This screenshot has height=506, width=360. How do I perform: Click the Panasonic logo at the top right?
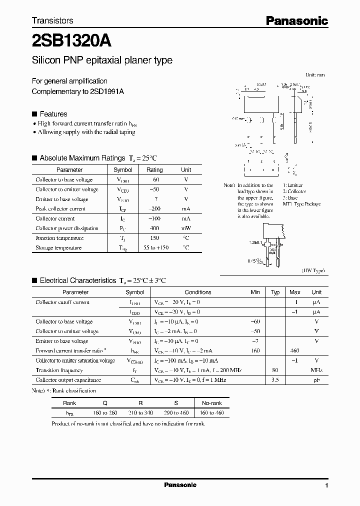[296, 20]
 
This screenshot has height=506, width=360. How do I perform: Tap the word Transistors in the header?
[52, 20]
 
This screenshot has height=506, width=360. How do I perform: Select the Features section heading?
[53, 114]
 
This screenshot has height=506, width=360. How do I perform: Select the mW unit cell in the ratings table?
[186, 228]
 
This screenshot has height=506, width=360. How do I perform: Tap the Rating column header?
[154, 170]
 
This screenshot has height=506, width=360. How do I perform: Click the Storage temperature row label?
[58, 247]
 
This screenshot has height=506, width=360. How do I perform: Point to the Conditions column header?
[198, 292]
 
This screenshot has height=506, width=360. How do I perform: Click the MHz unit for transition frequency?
[316, 370]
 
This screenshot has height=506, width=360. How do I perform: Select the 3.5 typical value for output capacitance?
[275, 380]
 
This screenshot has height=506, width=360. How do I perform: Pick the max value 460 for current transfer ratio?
[295, 351]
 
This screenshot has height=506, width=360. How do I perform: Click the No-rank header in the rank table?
[211, 403]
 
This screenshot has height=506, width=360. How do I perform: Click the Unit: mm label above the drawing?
[315, 74]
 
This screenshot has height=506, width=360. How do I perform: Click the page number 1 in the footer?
[326, 485]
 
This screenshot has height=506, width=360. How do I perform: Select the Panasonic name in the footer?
[180, 485]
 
